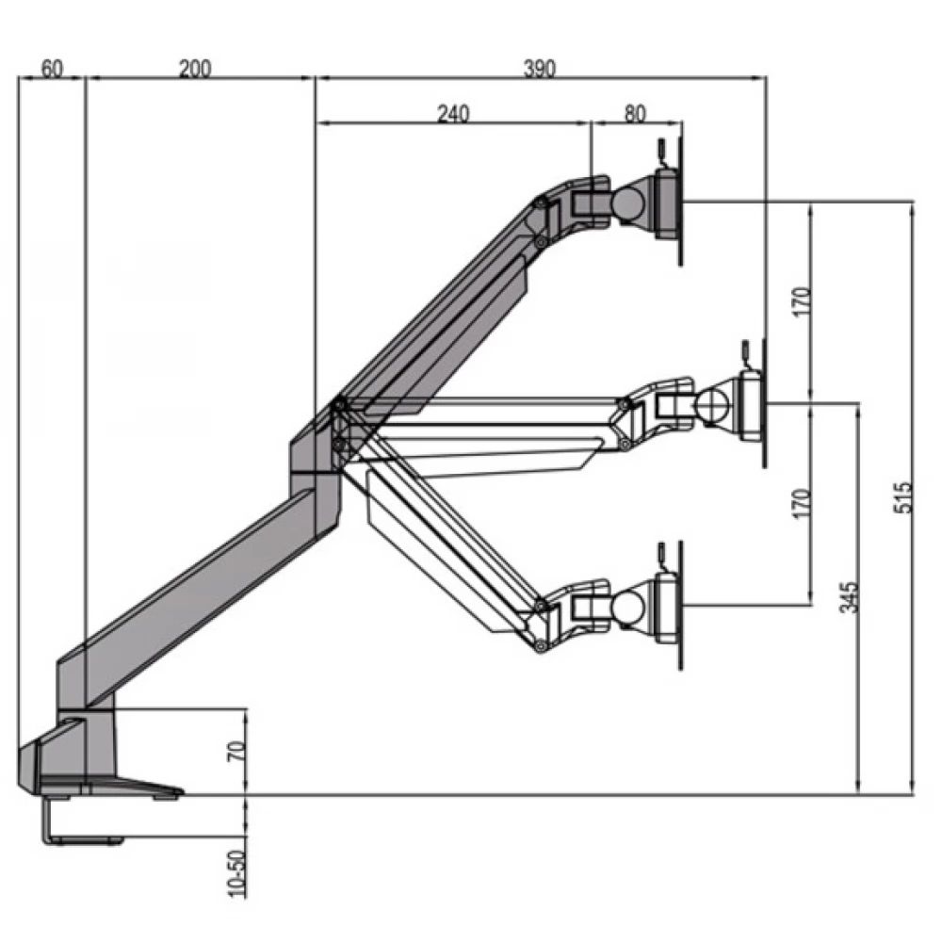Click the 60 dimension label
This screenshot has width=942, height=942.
tap(52, 68)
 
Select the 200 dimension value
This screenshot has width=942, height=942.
tap(196, 68)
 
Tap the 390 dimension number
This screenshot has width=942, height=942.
tap(541, 68)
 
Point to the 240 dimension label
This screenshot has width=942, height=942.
tap(452, 113)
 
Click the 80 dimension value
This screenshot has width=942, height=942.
tap(636, 113)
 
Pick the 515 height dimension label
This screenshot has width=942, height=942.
tap(902, 498)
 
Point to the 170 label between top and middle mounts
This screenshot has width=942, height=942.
tap(801, 302)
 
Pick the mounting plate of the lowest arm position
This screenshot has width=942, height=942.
tap(672, 608)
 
